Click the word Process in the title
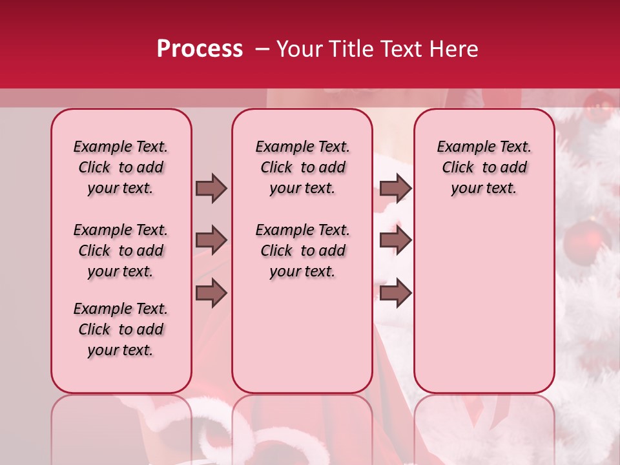[200, 49]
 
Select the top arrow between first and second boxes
[211, 188]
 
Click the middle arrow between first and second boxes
[211, 240]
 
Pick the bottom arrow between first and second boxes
[211, 293]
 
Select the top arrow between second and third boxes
[395, 188]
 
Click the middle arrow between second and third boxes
[395, 240]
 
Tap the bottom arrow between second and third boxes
[395, 293]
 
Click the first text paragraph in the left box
[121, 167]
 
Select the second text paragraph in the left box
[121, 251]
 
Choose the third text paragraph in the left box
[121, 329]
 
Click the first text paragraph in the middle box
[303, 167]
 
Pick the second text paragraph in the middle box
[303, 251]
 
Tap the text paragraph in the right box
[484, 167]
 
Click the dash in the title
[262, 49]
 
